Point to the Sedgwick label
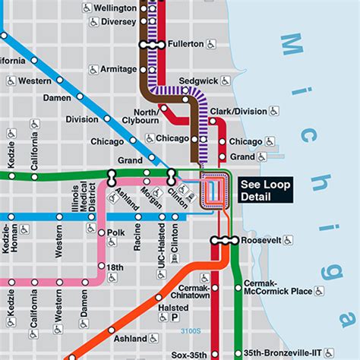(x=193, y=81)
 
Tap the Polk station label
(x=115, y=232)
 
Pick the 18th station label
(x=115, y=268)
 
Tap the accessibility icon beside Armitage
(x=93, y=69)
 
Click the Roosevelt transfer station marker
(x=225, y=240)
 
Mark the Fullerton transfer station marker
(x=152, y=45)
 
